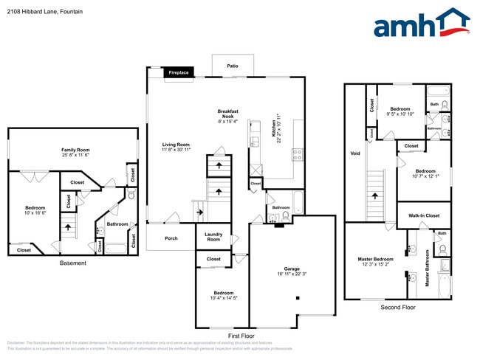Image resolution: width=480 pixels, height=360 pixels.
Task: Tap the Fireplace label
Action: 178,73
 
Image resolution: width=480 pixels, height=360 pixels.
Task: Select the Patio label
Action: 233,66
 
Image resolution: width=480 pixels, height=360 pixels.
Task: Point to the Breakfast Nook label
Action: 227,114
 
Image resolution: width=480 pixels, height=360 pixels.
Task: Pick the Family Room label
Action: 75,150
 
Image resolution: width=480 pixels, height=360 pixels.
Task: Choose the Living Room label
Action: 176,145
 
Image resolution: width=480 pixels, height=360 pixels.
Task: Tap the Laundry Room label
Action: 213,237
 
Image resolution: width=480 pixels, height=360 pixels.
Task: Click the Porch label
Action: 171,238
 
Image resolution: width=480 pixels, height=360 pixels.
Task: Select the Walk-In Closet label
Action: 423,215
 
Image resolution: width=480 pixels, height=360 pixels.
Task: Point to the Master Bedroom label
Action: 376,259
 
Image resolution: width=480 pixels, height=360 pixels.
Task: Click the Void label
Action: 355,154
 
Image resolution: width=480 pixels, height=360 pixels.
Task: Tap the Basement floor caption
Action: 73,263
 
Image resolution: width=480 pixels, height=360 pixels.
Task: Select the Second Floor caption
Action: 397,307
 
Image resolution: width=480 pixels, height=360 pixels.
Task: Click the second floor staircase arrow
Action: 376,196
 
